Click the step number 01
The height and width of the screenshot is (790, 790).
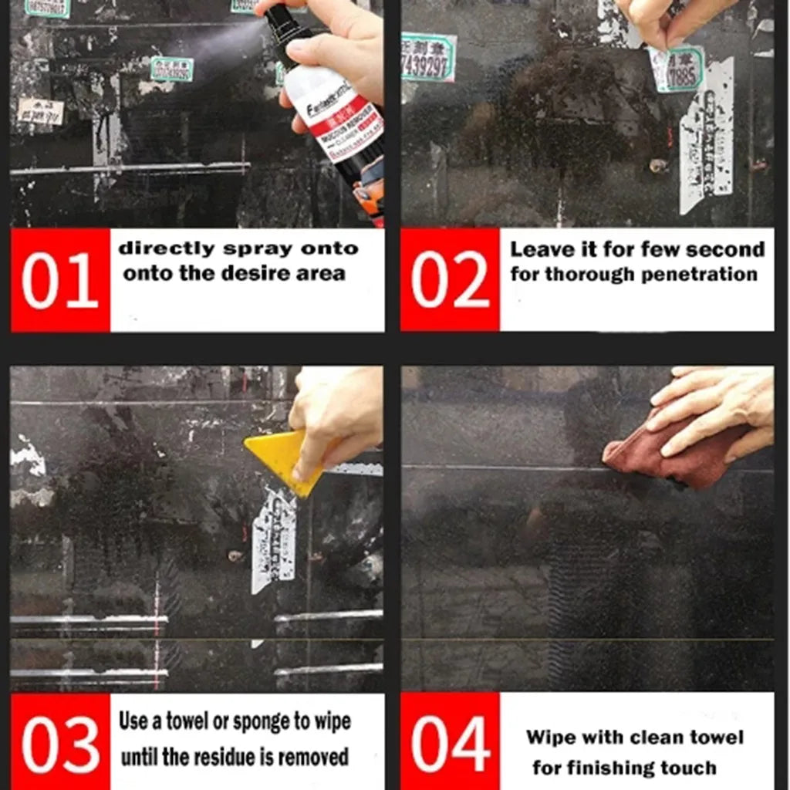59,280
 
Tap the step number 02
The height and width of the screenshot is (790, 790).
450,280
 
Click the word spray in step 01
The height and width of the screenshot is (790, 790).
255,248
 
